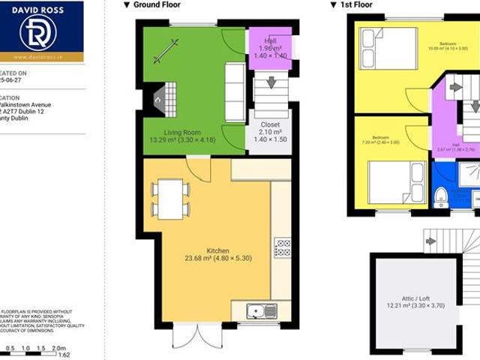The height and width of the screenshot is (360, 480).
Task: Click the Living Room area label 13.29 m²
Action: point(182,139)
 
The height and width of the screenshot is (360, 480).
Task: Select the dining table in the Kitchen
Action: point(170,198)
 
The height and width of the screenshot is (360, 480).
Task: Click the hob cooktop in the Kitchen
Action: point(283,247)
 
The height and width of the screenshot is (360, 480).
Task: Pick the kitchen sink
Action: point(260,310)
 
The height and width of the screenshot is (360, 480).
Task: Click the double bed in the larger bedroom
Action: point(388,49)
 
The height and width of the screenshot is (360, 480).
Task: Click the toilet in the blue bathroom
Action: point(441,196)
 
